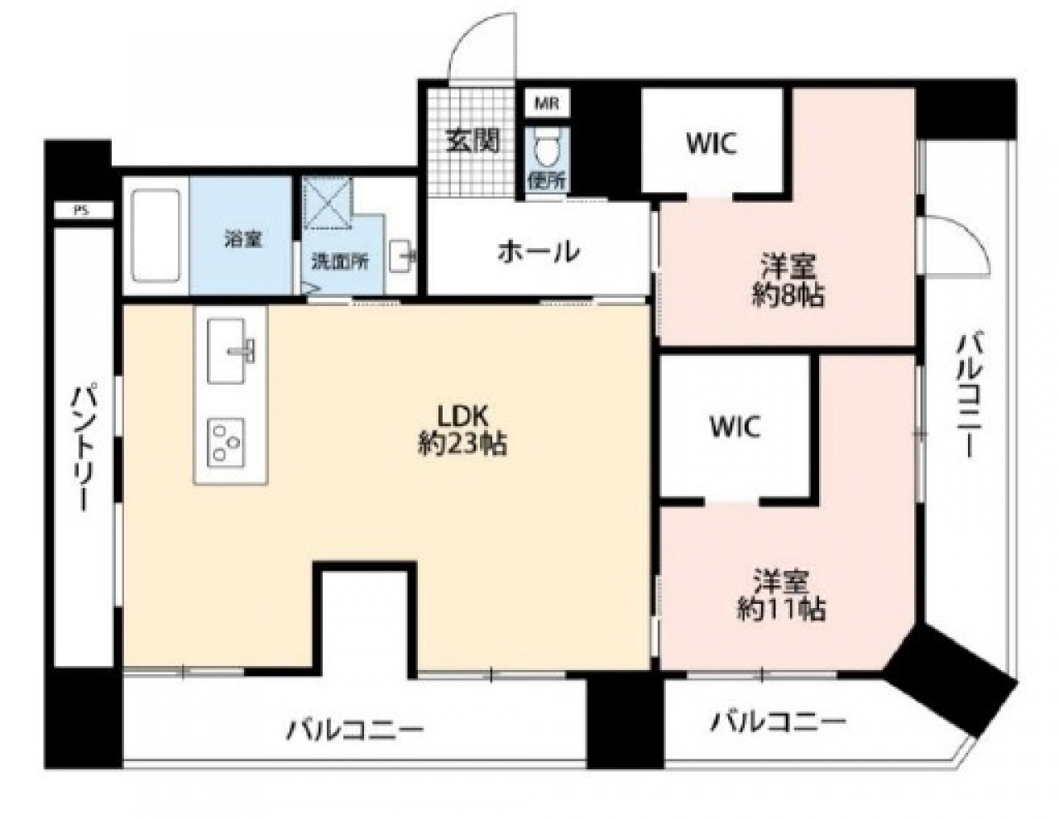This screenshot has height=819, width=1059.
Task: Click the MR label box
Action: [x=547, y=103]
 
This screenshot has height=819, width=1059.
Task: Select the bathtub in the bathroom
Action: [x=156, y=236]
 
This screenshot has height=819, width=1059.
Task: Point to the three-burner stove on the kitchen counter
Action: [x=226, y=443]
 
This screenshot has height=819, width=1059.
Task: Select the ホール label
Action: [x=539, y=251]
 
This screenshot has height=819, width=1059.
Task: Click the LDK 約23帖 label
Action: [x=462, y=430]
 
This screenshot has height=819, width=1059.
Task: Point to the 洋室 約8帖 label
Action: [x=788, y=280]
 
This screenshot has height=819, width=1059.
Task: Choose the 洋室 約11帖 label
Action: [x=781, y=593]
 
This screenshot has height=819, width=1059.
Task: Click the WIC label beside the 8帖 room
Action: [x=711, y=144]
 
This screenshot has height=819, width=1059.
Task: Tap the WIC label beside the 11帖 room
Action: [x=735, y=427]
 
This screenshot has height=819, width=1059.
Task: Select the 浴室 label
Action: [x=243, y=239]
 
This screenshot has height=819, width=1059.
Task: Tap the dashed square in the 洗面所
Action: [x=328, y=202]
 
